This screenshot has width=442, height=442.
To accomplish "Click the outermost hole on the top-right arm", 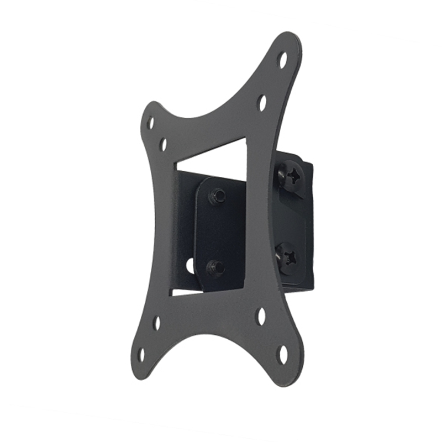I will pos(282,59).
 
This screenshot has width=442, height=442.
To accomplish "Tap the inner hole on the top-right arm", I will pos(262,102).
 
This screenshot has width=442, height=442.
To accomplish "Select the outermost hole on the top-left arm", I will pos(150,123).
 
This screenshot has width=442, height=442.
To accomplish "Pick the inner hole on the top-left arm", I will pos(163,145).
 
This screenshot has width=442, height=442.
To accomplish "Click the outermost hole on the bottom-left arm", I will pos(141,354).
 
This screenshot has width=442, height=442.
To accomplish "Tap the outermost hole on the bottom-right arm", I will pos(283,354).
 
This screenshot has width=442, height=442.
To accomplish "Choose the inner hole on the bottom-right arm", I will pos(261,316).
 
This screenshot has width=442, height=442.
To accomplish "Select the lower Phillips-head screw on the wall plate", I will pos(288,257).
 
